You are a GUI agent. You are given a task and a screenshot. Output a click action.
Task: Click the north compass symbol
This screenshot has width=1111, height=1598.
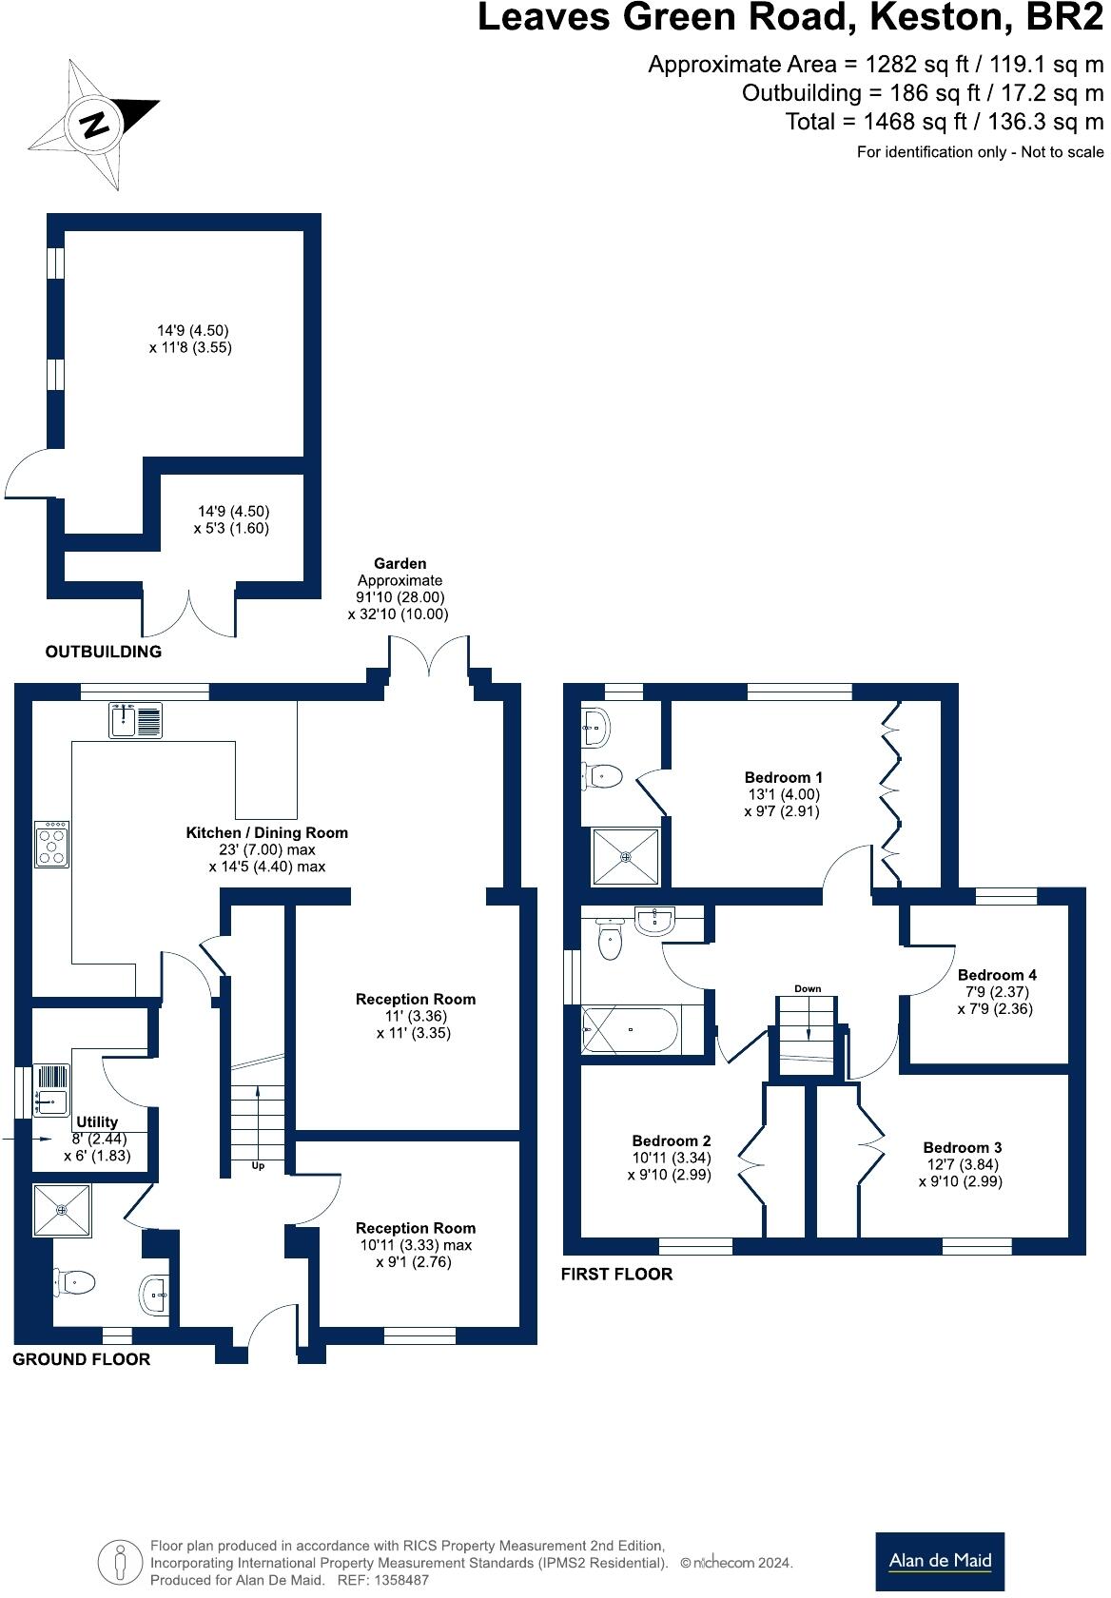(x=93, y=124)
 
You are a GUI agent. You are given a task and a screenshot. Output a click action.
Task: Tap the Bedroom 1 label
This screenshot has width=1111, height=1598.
(x=783, y=777)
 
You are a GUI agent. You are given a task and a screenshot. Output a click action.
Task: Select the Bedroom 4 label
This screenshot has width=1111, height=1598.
(x=996, y=975)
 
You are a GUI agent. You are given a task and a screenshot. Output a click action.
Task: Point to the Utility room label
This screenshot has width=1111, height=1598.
(x=97, y=1122)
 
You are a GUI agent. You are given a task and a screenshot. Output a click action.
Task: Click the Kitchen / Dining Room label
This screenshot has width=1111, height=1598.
(x=267, y=833)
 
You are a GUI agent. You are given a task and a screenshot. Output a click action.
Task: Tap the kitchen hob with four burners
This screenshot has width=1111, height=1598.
(x=51, y=844)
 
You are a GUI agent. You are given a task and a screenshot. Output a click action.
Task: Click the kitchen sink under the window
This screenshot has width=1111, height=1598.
(x=137, y=720)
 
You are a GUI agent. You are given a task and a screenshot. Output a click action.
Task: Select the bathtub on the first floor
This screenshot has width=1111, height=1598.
(x=630, y=1029)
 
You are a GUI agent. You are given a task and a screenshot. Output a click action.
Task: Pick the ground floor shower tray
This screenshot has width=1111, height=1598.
(x=62, y=1210)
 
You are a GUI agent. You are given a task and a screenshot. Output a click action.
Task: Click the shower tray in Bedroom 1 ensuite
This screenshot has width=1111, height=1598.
(x=626, y=856)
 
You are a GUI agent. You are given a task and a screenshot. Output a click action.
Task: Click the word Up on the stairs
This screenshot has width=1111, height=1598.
(x=258, y=1165)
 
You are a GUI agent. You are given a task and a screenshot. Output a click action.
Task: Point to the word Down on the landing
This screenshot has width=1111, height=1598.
(x=808, y=989)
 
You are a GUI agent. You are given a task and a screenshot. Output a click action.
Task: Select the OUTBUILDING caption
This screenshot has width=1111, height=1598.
(x=104, y=652)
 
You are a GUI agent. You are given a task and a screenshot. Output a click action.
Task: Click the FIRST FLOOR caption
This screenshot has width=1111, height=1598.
(x=616, y=1274)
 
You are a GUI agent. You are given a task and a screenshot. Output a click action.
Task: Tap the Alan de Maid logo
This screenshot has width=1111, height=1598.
(x=939, y=1561)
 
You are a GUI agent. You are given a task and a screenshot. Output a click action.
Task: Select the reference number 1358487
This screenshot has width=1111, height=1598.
(x=397, y=1580)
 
